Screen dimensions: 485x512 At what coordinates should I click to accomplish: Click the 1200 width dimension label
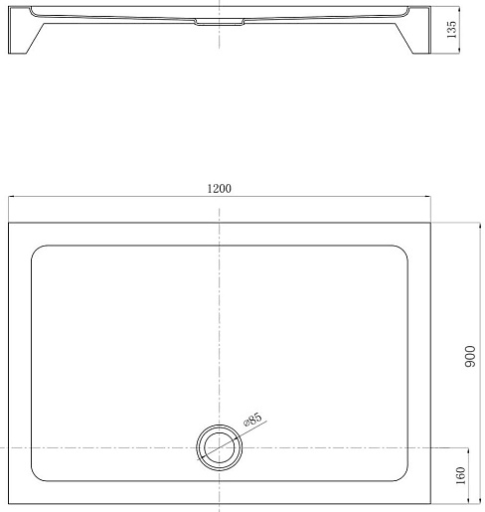(219, 189)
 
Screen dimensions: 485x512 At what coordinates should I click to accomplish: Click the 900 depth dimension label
(470, 356)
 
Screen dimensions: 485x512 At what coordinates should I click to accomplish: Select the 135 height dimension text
(451, 30)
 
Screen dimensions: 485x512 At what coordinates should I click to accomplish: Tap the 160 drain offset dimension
(460, 475)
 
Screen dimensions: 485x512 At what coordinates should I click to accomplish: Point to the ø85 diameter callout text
(252, 420)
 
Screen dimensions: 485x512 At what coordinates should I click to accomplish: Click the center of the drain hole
(219, 447)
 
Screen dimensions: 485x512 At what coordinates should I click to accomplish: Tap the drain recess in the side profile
(219, 22)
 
